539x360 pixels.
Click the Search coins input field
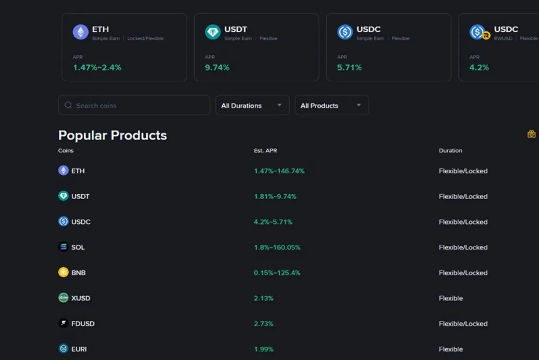click(x=134, y=105)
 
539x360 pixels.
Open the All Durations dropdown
click(x=253, y=105)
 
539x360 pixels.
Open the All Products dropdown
click(x=332, y=105)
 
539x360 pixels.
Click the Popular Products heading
click(x=112, y=135)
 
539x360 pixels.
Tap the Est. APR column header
click(x=265, y=150)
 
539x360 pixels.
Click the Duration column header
click(x=450, y=150)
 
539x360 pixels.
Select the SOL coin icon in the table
click(x=63, y=247)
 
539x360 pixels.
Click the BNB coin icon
click(x=63, y=272)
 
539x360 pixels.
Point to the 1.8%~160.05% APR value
click(x=277, y=247)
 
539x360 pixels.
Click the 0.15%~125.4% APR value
click(x=277, y=272)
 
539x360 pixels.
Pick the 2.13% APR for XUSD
click(x=264, y=298)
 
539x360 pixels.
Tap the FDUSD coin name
click(x=83, y=323)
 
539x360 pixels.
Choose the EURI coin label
click(x=79, y=349)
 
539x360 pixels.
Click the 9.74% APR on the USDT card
click(x=218, y=67)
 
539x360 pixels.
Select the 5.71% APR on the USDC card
click(x=349, y=67)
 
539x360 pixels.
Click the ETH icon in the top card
click(x=81, y=32)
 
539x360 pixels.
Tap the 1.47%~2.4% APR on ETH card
click(x=97, y=67)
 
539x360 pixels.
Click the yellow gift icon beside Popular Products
click(x=532, y=134)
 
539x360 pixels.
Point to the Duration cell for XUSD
click(x=450, y=298)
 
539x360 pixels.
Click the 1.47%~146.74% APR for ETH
click(x=279, y=170)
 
